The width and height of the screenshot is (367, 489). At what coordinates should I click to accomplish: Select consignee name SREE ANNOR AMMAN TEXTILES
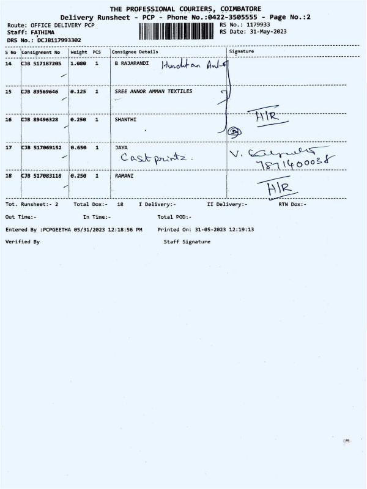153,91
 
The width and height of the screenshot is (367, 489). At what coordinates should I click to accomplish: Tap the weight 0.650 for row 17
78,148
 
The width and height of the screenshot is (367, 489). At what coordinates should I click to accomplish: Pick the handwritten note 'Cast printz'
157,158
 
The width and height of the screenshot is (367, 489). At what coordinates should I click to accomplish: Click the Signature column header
240,52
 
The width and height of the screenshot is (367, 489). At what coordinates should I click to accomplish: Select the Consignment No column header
40,53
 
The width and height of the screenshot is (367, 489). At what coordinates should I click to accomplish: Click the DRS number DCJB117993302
59,40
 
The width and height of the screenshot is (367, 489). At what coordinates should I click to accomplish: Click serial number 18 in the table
9,176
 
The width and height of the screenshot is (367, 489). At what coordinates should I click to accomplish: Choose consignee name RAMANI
125,176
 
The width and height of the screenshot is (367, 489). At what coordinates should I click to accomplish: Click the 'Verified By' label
22,242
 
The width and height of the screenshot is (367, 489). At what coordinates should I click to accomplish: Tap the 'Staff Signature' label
187,242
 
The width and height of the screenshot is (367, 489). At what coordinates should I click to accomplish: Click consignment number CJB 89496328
39,120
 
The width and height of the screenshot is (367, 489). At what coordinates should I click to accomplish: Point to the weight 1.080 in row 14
78,64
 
